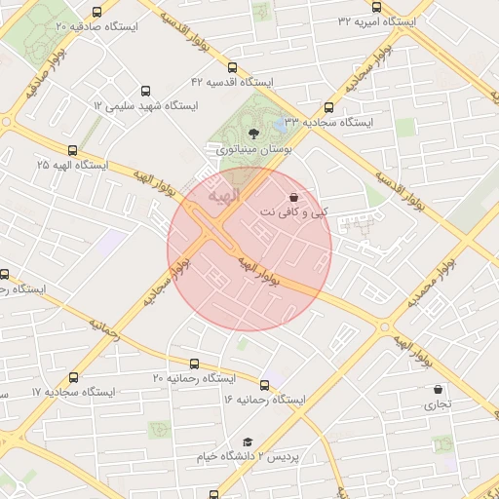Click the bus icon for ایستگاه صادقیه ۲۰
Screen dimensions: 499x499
click(x=96, y=13)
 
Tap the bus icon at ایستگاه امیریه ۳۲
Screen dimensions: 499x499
click(x=377, y=7)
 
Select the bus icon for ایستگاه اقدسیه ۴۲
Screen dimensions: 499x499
click(x=231, y=68)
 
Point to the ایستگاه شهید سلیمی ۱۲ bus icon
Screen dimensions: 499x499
click(x=147, y=90)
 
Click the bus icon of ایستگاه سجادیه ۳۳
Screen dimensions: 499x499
click(x=328, y=108)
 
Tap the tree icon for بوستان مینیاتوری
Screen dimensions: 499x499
click(x=253, y=134)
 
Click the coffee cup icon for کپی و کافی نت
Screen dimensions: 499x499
click(x=294, y=197)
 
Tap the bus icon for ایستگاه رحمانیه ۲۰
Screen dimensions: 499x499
click(x=195, y=363)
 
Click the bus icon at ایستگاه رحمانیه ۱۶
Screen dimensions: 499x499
click(x=264, y=385)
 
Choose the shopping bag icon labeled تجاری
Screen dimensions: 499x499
click(x=438, y=390)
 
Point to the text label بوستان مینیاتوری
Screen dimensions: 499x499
click(x=251, y=150)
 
